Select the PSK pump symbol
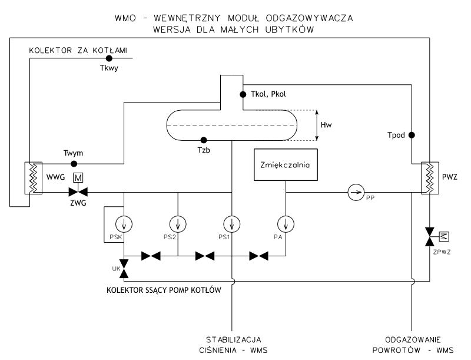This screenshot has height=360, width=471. (x=124, y=224)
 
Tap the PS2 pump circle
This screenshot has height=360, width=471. (x=177, y=224)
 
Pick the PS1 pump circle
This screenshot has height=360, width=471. (x=232, y=224)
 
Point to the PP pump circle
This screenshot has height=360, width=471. (x=354, y=192)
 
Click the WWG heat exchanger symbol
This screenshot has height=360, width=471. (x=31, y=176)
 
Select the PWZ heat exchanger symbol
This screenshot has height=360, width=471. (x=430, y=176)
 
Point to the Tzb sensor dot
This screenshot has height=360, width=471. (x=204, y=140)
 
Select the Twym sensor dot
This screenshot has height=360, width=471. (x=74, y=163)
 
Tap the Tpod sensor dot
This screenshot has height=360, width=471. (x=412, y=135)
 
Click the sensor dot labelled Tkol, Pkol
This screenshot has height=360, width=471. (x=242, y=94)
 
